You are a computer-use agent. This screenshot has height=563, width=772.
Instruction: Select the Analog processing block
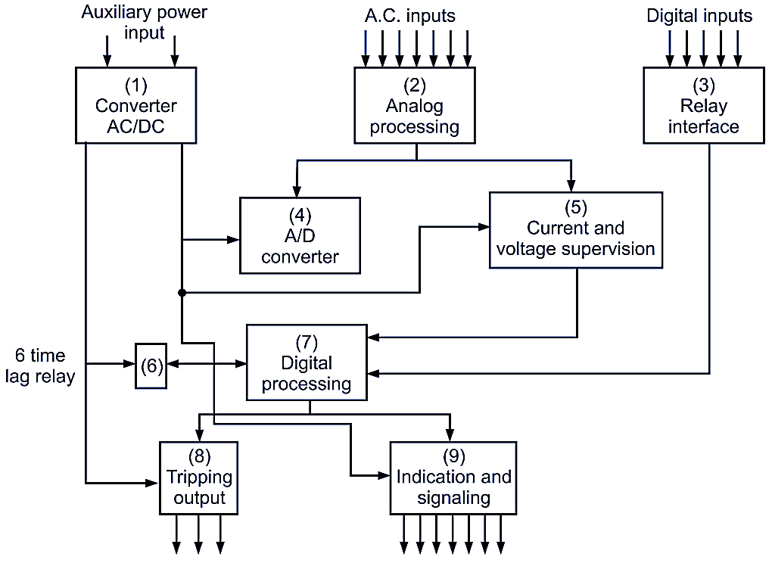coord(414,105)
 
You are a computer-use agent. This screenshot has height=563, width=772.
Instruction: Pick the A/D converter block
coord(300,235)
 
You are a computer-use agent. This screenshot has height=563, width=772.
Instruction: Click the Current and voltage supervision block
coord(575,229)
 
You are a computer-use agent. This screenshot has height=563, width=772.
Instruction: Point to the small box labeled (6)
coord(151,365)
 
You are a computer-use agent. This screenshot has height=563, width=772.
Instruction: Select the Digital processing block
coord(307,362)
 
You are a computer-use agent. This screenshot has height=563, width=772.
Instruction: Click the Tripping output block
coord(199,477)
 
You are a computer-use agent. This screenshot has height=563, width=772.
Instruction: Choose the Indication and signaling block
coord(453,477)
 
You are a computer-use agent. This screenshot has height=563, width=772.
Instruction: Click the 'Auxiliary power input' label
coord(144,23)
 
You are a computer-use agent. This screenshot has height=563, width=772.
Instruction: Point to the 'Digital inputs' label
coord(699,15)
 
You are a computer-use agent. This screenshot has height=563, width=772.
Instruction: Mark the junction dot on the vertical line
coord(182,292)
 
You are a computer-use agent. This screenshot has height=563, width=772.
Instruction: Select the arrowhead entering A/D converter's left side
coord(233,240)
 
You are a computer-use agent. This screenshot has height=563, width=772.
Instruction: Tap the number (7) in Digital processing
coord(307,341)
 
